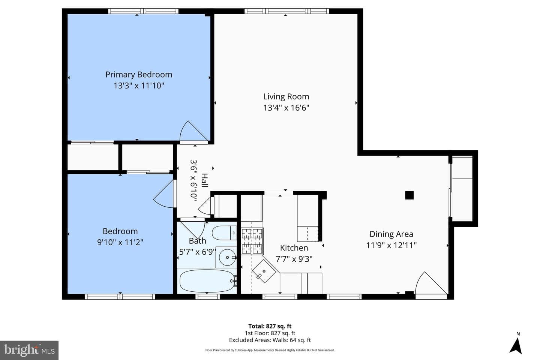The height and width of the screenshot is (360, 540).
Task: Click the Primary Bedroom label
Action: click(x=139, y=75)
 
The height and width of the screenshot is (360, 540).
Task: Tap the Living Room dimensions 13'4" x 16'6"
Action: click(x=286, y=108)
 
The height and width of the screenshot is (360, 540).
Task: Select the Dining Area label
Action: click(x=391, y=234)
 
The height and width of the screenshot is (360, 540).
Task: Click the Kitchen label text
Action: click(x=294, y=248)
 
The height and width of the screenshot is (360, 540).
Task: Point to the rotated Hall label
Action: click(x=204, y=180)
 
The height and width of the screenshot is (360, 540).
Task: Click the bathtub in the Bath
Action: click(x=207, y=281)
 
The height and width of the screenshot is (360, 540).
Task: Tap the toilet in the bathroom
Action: click(x=224, y=233)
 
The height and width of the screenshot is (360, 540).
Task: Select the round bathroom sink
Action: click(x=227, y=258)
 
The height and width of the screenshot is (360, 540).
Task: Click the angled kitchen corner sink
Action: click(x=264, y=271)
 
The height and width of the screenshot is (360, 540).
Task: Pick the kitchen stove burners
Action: click(x=252, y=241)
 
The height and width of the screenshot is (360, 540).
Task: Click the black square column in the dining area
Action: click(x=409, y=195)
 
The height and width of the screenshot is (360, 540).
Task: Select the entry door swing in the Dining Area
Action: click(x=431, y=283)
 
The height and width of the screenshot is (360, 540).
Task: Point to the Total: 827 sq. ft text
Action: click(x=270, y=326)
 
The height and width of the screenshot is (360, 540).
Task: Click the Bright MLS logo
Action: click(x=29, y=350)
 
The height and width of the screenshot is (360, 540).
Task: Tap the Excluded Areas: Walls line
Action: click(x=270, y=340)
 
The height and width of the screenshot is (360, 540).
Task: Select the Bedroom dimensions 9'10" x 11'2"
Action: click(x=120, y=242)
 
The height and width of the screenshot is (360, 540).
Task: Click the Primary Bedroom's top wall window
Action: click(x=143, y=11)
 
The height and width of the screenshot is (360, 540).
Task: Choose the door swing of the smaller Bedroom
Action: click(x=163, y=194)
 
